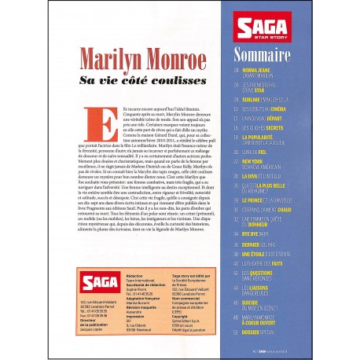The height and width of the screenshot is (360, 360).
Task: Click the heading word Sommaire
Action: [266, 55]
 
